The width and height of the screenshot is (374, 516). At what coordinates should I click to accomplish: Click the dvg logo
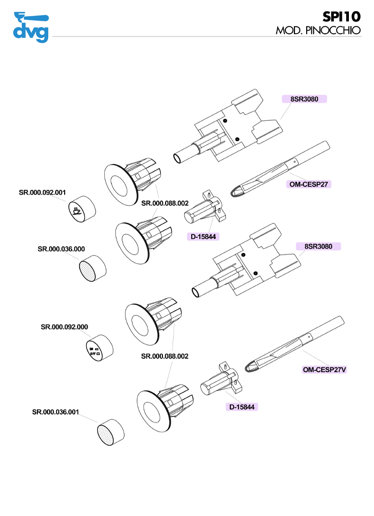pyautogui.click(x=30, y=27)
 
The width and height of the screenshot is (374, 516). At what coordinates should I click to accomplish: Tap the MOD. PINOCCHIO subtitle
pyautogui.click(x=318, y=30)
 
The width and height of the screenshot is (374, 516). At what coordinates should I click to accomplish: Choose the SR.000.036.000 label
pyautogui.click(x=61, y=249)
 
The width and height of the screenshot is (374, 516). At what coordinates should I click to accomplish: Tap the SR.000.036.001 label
pyautogui.click(x=56, y=412)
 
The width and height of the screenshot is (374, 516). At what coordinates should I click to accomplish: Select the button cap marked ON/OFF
pyautogui.click(x=98, y=349)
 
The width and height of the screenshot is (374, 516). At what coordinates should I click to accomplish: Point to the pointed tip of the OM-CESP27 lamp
pyautogui.click(x=233, y=190)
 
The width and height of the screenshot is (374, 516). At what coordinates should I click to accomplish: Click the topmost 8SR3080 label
pyautogui.click(x=304, y=99)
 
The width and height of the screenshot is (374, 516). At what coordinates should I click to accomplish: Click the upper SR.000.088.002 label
pyautogui.click(x=165, y=203)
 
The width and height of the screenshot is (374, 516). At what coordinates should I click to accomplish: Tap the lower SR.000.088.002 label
pyautogui.click(x=165, y=356)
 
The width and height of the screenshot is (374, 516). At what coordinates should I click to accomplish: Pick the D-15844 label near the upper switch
pyautogui.click(x=204, y=236)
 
